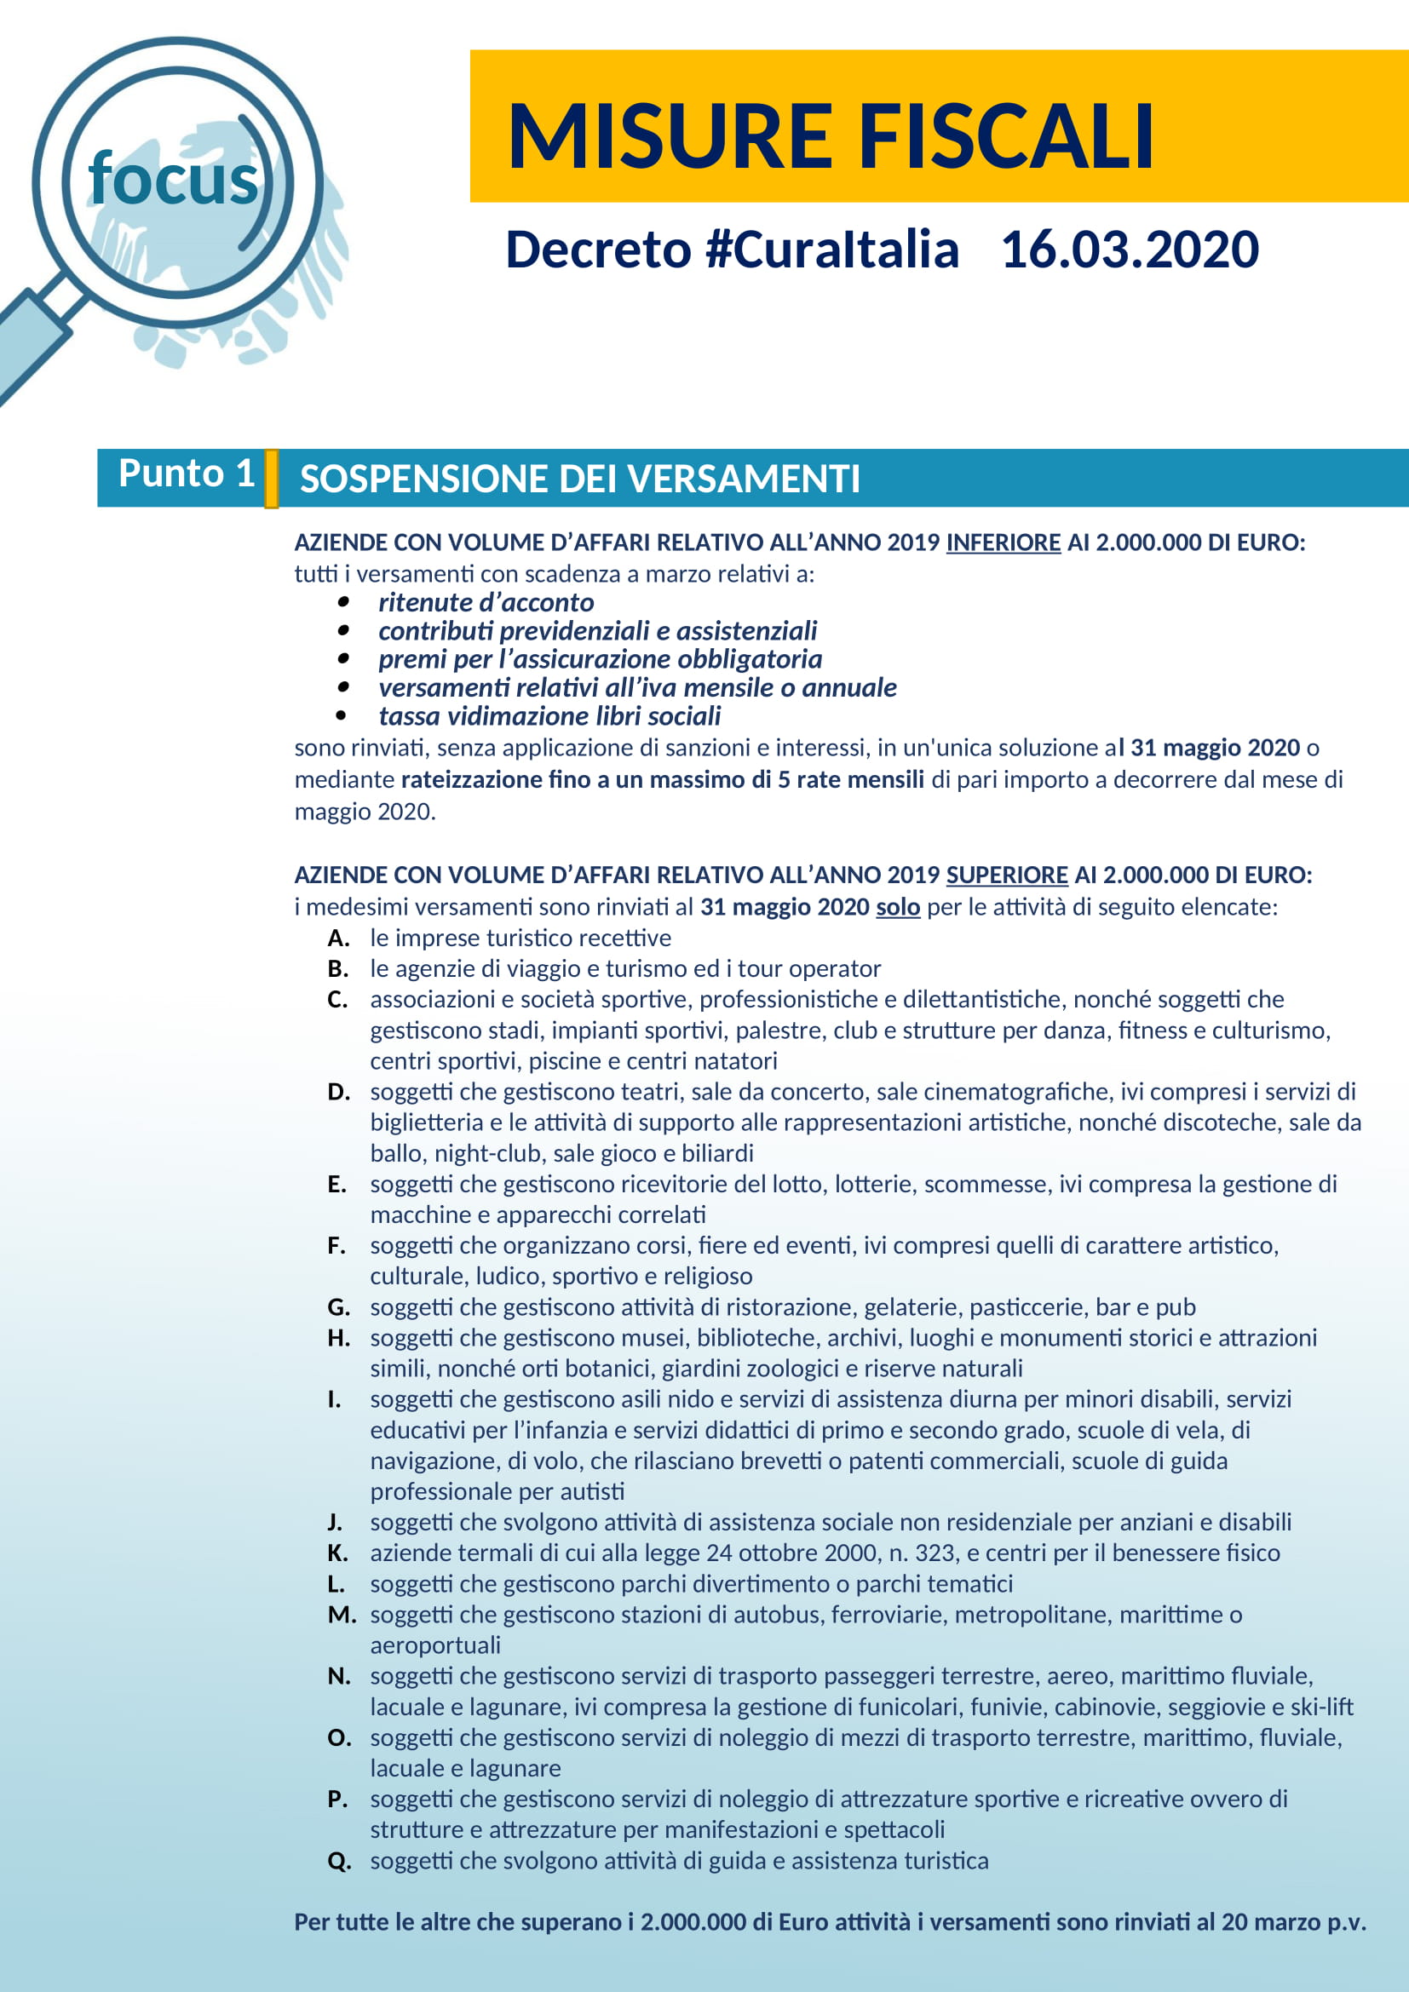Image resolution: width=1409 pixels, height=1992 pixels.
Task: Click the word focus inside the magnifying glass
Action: tap(174, 180)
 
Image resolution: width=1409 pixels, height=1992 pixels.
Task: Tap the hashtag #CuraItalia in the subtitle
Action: tap(832, 250)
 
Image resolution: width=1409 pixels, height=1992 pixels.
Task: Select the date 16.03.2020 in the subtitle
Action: tap(1130, 250)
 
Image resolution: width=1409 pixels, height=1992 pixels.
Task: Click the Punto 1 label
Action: tap(187, 474)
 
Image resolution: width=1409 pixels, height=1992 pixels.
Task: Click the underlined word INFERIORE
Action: tap(1003, 542)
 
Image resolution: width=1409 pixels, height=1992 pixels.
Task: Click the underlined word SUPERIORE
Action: tap(1006, 875)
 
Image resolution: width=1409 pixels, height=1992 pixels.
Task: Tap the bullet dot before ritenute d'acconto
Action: tap(343, 601)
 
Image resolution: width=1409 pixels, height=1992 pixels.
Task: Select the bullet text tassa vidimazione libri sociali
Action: tap(549, 715)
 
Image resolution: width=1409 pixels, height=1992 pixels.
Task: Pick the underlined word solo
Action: tap(898, 907)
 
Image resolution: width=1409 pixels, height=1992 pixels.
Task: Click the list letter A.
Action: tap(338, 938)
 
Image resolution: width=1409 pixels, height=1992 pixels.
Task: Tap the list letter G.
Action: tap(338, 1306)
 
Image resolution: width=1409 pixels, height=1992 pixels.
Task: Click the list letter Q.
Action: tap(339, 1860)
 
